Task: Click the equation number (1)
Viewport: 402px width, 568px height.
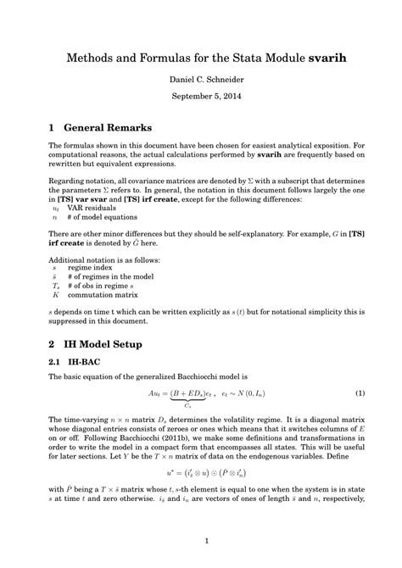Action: (360, 393)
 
